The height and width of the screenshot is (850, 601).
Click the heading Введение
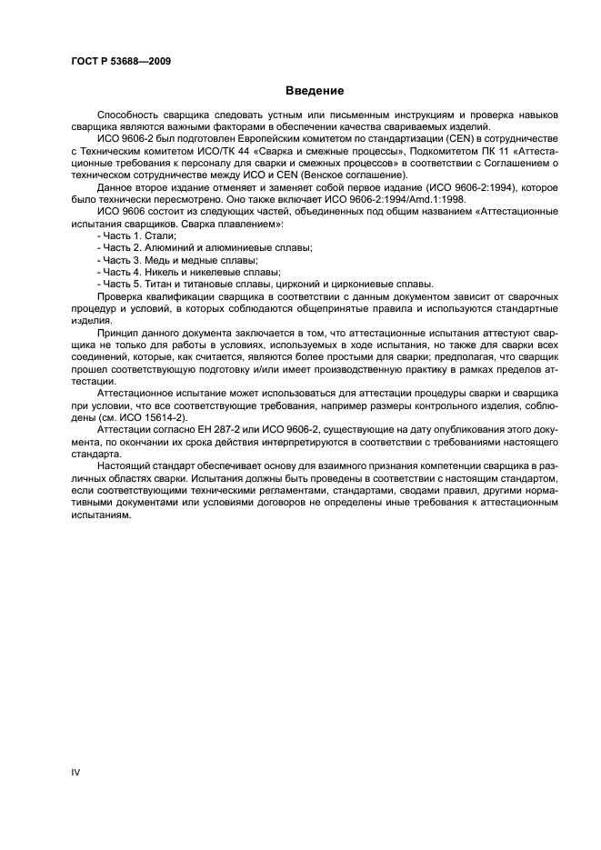pos(314,91)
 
